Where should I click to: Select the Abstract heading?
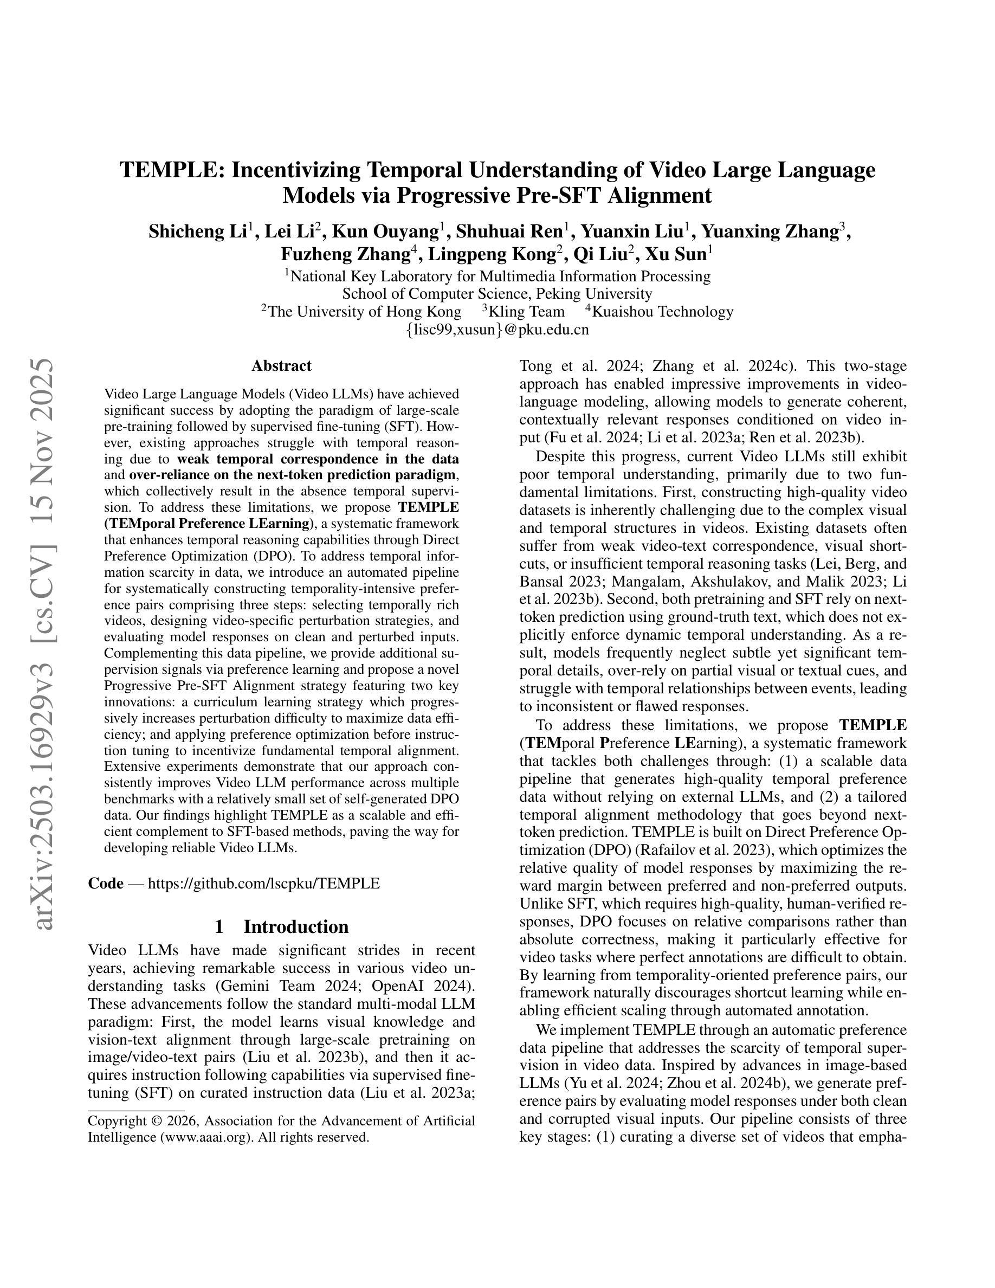(281, 366)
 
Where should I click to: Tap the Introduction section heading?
(296, 926)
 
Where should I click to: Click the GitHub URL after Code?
(263, 883)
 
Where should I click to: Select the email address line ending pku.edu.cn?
(497, 330)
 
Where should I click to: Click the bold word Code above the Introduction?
(106, 883)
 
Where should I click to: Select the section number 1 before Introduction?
(219, 926)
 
